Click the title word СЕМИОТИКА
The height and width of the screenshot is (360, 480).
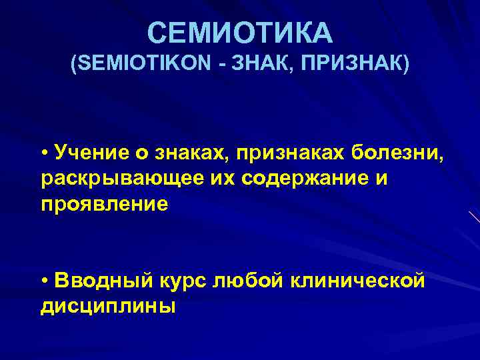pos(239,32)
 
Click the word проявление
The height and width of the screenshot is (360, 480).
pos(104,205)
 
